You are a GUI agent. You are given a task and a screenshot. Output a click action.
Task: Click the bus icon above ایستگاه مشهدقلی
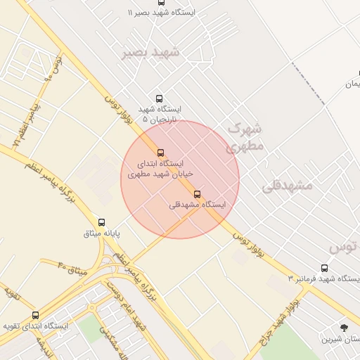[x=196, y=194]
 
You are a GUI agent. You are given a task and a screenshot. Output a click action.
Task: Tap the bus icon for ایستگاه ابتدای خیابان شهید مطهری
[x=160, y=153]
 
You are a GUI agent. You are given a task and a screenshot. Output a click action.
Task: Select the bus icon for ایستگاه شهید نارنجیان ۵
[x=159, y=99]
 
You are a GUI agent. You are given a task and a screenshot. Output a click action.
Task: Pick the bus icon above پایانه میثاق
[x=102, y=222]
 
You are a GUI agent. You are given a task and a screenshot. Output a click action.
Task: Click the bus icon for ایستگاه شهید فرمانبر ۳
[x=324, y=268]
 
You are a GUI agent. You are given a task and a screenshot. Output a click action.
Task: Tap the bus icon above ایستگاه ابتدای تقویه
[x=35, y=315]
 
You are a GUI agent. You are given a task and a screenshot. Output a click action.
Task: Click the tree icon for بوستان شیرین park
[x=344, y=328]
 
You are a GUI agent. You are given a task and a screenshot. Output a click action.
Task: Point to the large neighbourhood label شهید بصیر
[x=150, y=53]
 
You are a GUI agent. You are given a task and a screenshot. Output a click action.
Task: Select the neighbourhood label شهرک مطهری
[x=245, y=138]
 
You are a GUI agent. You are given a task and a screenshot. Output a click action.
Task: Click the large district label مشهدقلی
[x=286, y=186]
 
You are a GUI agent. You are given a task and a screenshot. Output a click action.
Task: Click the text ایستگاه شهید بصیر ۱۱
[x=162, y=13]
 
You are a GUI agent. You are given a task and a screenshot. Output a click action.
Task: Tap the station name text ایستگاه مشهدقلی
[x=198, y=205]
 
